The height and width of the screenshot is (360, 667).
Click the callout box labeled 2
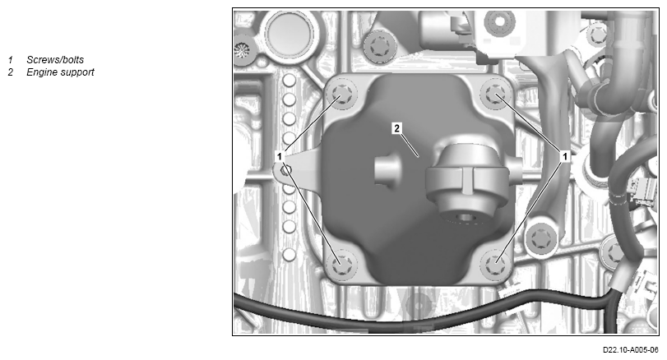coord(396,128)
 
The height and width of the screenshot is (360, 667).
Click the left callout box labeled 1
coord(280,156)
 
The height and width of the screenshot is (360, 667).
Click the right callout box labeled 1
coord(565,156)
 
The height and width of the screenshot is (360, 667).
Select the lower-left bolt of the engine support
coord(342,265)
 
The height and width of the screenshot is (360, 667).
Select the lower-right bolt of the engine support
coord(495,265)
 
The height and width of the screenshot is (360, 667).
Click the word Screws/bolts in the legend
coord(55,60)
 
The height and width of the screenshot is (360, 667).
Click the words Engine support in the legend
coord(60,72)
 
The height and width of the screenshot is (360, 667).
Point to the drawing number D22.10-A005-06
coord(631,350)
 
